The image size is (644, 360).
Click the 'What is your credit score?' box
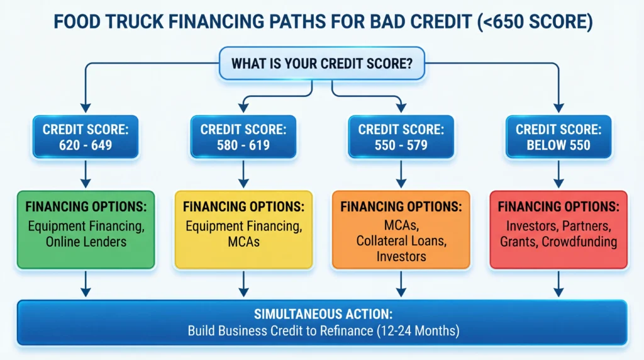click(x=322, y=63)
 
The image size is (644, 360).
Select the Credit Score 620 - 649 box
click(x=86, y=137)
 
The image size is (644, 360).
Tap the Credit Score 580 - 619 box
click(x=243, y=137)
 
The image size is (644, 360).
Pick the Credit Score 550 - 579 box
click(x=400, y=137)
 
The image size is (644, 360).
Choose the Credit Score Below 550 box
click(x=558, y=137)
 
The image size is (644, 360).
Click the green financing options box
click(x=86, y=230)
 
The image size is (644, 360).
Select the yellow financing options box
click(x=243, y=230)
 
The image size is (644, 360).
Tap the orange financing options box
click(x=400, y=230)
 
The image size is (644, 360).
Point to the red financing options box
click(x=558, y=230)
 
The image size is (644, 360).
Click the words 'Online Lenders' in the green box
click(x=86, y=242)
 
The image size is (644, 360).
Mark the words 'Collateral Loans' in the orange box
click(x=400, y=240)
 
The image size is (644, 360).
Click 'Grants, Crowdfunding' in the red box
click(x=558, y=242)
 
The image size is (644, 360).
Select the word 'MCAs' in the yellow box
click(x=243, y=242)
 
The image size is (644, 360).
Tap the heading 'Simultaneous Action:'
click(x=322, y=314)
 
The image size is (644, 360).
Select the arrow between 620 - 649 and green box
click(x=86, y=174)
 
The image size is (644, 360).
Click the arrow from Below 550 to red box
click(x=558, y=174)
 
